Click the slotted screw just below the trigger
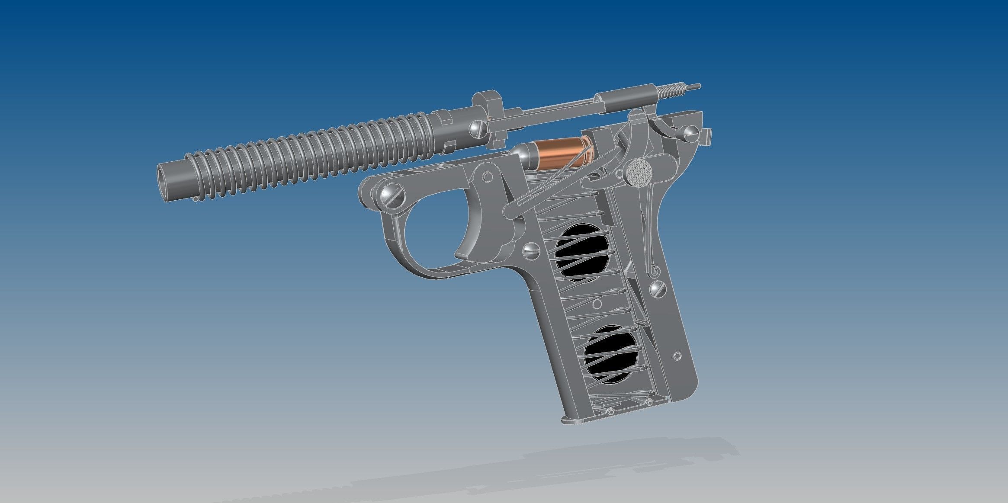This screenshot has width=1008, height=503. click(x=531, y=251)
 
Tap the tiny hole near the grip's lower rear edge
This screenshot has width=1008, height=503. click(x=677, y=356)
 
